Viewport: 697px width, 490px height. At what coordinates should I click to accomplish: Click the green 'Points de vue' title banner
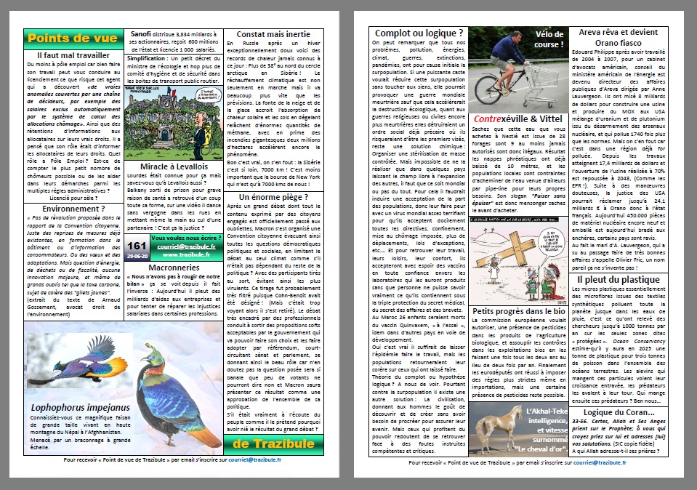(73, 39)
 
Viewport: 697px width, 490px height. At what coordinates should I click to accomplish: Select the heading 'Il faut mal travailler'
(73, 55)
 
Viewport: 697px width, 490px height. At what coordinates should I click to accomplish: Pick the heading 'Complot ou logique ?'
(419, 33)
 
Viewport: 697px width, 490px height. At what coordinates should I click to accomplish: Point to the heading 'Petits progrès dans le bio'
(518, 311)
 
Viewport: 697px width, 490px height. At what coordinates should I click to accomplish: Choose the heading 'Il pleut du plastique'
(618, 279)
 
